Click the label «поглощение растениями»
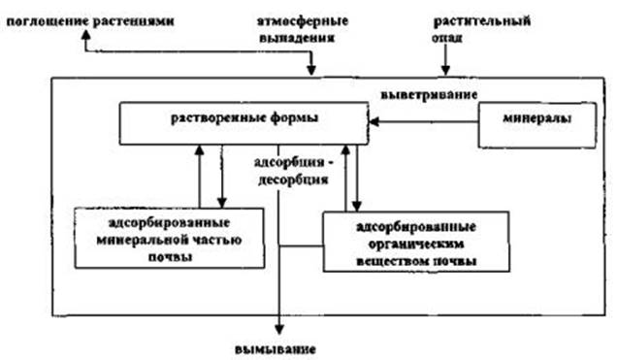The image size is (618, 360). tap(90, 21)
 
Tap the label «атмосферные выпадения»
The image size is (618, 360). tap(303, 29)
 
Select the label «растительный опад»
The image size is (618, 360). tap(481, 29)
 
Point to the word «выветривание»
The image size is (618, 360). tap(429, 95)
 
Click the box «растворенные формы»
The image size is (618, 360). tap(244, 123)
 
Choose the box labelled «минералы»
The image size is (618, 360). tap(537, 125)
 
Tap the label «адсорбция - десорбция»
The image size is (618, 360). tap(293, 171)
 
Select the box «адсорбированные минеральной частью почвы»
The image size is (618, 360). tap(170, 238)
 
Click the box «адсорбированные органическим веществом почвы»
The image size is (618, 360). tap(416, 242)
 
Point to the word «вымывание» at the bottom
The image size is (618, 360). tap(276, 349)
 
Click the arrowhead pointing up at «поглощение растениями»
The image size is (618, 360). tap(86, 35)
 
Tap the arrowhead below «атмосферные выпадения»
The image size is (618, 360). tap(311, 70)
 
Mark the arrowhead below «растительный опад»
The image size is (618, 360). tap(445, 70)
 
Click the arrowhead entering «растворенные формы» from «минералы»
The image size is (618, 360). tap(374, 121)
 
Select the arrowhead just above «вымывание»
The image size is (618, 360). tap(279, 329)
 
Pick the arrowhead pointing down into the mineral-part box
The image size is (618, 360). tap(222, 203)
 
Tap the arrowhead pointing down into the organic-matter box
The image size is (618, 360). tap(356, 207)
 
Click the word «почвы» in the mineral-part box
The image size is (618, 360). tap(171, 257)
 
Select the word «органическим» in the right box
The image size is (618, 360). tap(416, 244)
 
